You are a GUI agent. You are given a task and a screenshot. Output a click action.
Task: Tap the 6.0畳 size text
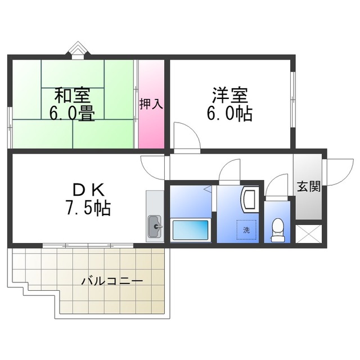click(x=71, y=113)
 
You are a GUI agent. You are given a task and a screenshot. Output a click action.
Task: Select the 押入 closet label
click(x=151, y=105)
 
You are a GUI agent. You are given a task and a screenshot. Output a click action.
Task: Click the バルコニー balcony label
click(x=111, y=280)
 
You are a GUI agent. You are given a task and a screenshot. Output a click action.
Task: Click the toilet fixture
click(x=277, y=229)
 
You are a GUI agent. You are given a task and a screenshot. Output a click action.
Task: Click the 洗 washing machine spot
click(x=246, y=229)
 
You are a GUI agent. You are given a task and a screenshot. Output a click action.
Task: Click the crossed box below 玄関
click(x=308, y=233)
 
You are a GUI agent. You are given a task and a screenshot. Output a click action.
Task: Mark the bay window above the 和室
click(x=76, y=51)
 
